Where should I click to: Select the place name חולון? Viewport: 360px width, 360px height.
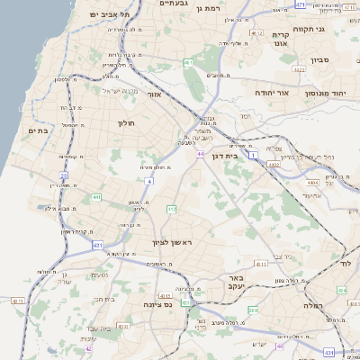126,123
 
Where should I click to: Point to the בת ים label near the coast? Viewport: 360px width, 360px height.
36,130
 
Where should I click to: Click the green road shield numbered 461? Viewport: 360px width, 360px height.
187,62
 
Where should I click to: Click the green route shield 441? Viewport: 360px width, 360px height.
96,196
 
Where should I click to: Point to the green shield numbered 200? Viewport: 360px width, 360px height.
253,310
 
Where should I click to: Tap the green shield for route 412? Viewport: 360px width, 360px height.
171,210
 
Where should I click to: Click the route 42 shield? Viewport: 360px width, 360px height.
88,348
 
